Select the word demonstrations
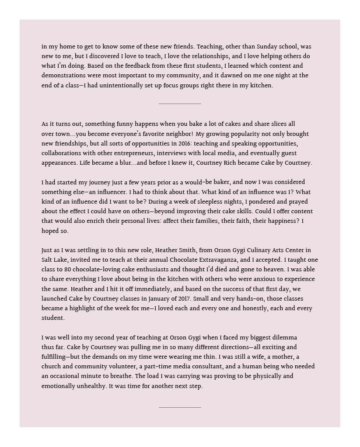click(63, 76)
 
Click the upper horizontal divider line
click(180, 104)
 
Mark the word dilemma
click(281, 338)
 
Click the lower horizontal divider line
click(180, 407)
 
